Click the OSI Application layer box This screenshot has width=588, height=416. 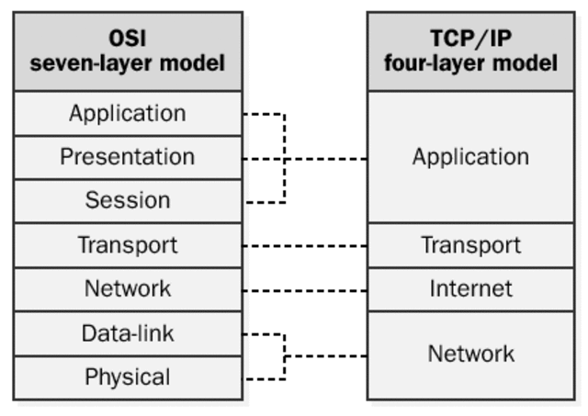pyautogui.click(x=128, y=114)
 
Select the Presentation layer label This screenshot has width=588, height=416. pyautogui.click(x=128, y=157)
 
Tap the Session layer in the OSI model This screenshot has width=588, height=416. pyautogui.click(x=128, y=200)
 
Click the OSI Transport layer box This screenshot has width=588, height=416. pyautogui.click(x=128, y=245)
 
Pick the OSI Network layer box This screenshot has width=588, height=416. pyautogui.click(x=128, y=288)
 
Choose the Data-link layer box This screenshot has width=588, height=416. pyautogui.click(x=128, y=332)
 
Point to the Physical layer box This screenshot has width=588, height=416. pyautogui.click(x=128, y=377)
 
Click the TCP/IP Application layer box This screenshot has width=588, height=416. pyautogui.click(x=470, y=157)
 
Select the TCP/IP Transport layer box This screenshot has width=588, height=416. pyautogui.click(x=470, y=245)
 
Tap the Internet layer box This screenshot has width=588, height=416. pyautogui.click(x=470, y=288)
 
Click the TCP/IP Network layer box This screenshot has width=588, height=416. pyautogui.click(x=470, y=354)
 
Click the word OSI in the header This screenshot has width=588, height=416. pyautogui.click(x=128, y=39)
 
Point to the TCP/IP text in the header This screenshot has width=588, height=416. pyautogui.click(x=471, y=39)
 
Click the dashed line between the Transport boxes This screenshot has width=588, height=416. pyautogui.click(x=305, y=246)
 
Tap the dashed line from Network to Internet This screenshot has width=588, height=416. pyautogui.click(x=305, y=290)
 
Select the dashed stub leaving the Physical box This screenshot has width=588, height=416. pyautogui.click(x=263, y=377)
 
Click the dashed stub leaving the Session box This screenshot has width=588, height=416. pyautogui.click(x=265, y=201)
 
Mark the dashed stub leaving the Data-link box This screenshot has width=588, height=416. pyautogui.click(x=263, y=333)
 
